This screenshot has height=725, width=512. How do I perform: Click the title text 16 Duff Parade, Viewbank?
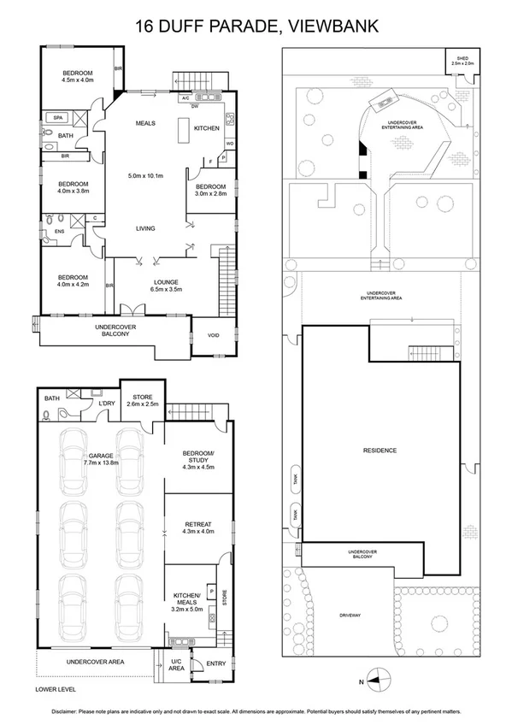tap(256, 26)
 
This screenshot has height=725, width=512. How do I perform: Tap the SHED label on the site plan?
tap(462, 60)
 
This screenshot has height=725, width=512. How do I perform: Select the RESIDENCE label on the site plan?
tap(380, 451)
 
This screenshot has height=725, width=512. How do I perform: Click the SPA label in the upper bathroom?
tap(58, 117)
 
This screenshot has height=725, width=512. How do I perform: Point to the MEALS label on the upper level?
tap(145, 123)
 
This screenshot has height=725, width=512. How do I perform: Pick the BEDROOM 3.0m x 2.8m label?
tap(210, 191)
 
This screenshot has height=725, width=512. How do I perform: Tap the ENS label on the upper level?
tap(59, 230)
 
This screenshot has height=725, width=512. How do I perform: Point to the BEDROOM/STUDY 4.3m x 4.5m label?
tap(197, 463)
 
